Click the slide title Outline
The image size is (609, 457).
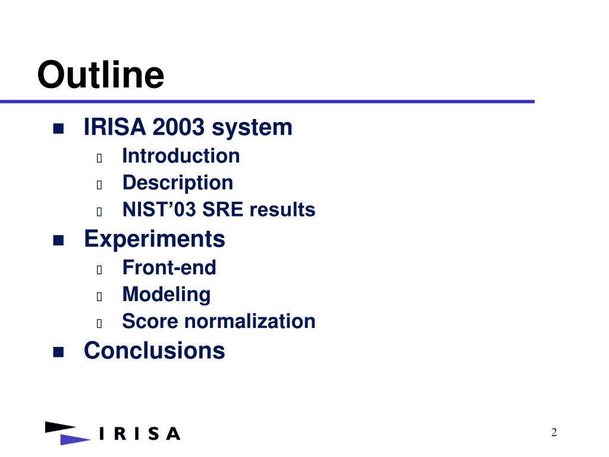click(x=101, y=74)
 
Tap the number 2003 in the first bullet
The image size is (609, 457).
click(x=178, y=127)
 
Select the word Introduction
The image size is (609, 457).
click(x=181, y=156)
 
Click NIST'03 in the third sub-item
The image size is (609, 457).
click(x=159, y=209)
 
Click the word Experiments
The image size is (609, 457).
click(x=155, y=239)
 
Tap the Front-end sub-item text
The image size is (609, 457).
click(x=169, y=267)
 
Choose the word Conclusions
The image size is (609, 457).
click(x=155, y=350)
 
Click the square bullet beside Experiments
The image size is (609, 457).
click(x=58, y=240)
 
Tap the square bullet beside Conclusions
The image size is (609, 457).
click(x=58, y=352)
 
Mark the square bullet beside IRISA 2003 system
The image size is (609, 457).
click(x=58, y=129)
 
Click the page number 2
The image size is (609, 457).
click(x=554, y=432)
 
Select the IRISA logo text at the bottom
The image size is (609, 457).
click(x=140, y=434)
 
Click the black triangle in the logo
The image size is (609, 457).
click(x=59, y=427)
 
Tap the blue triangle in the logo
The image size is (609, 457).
click(x=74, y=440)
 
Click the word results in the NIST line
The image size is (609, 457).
click(x=282, y=209)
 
